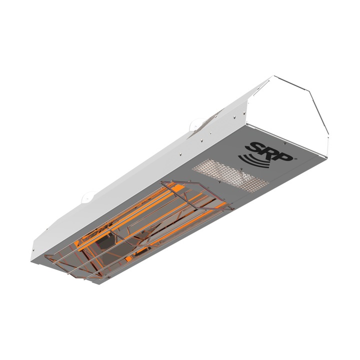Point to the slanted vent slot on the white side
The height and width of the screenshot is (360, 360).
tap(209, 120)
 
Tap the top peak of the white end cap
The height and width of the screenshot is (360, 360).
tap(273, 76)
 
